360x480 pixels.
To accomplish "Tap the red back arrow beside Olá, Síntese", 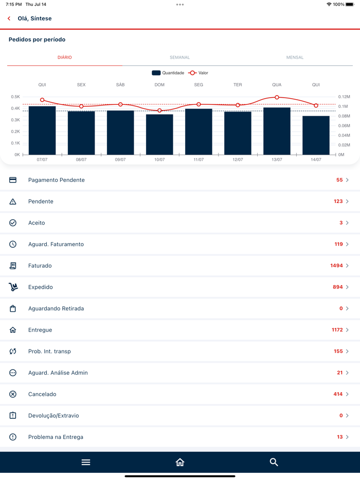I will [9, 19].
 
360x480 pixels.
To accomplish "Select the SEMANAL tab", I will [180, 58].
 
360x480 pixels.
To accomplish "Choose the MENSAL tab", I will [295, 58].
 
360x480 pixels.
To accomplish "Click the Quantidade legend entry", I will [168, 73].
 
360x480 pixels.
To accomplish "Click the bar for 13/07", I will [277, 131].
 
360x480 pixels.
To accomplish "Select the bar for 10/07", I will [159, 135].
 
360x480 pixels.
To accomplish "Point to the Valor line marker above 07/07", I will [42, 100].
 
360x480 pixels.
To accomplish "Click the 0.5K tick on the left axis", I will [15, 97].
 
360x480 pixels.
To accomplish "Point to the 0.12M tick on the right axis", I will [344, 97].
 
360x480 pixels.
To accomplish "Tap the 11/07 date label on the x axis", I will [199, 160].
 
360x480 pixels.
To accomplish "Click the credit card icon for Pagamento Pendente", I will [13, 180].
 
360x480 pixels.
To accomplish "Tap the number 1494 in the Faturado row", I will [336, 266].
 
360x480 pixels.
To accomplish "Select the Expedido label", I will [41, 287].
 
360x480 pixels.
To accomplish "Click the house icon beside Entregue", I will [13, 330].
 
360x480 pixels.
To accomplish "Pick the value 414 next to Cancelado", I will [338, 394].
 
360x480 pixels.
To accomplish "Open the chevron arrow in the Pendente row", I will [348, 201].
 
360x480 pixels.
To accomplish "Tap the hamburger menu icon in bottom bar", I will [86, 463].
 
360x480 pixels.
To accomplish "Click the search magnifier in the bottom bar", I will [274, 463].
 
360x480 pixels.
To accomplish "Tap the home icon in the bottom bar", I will [180, 463].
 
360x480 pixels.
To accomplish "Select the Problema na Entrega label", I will [56, 437].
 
